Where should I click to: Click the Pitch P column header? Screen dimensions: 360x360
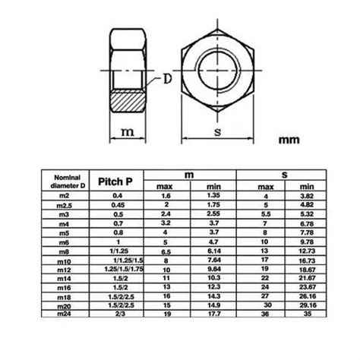coord(118,182)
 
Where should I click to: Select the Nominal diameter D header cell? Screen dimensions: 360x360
coord(58,183)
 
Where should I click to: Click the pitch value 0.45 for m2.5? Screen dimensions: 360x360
coord(118,206)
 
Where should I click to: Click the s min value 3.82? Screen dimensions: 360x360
coord(308,196)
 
